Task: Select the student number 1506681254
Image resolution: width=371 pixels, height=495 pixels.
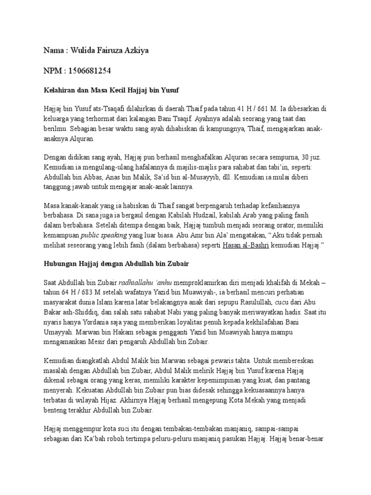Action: click(x=90, y=71)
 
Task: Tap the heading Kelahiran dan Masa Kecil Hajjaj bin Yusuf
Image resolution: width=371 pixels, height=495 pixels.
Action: click(x=112, y=90)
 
